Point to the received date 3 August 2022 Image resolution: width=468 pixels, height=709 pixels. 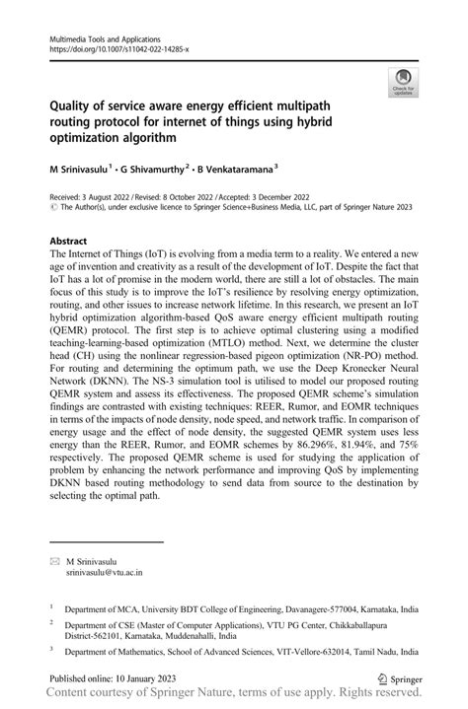(x=109, y=197)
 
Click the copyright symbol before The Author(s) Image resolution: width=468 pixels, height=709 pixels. (x=53, y=208)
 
